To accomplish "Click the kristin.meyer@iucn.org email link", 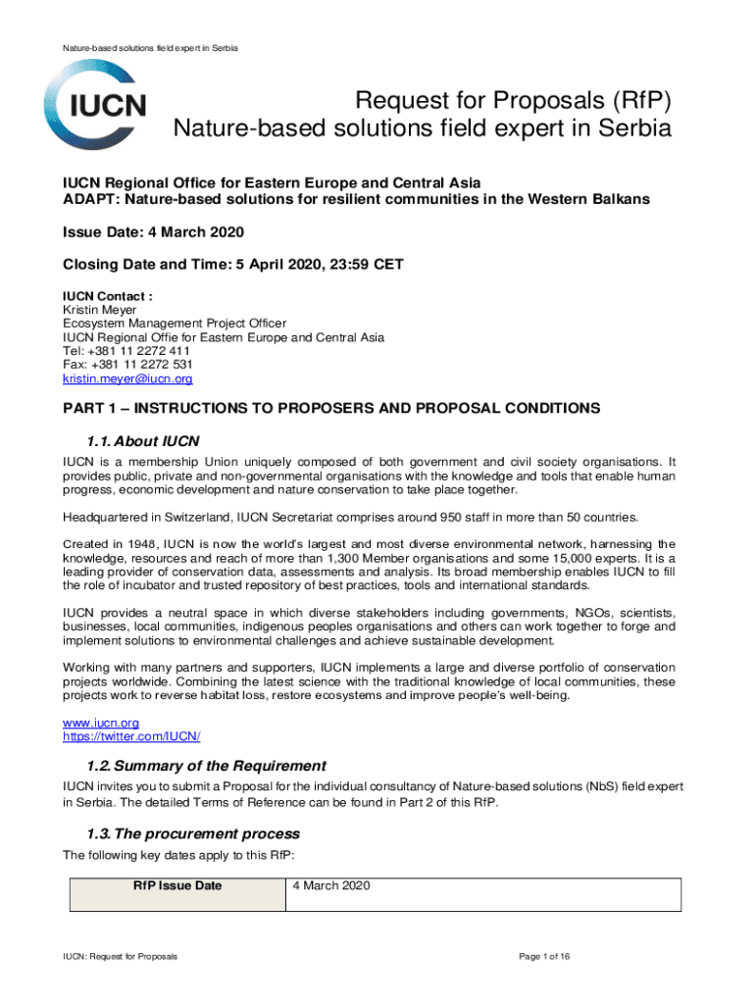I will coord(127,378).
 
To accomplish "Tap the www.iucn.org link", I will coord(95,723).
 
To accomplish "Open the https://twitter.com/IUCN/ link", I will coord(131,736).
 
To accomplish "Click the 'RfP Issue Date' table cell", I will coord(177,886).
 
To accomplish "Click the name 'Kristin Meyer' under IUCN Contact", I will coord(100,310).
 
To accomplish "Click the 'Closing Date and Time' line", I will coord(233,265).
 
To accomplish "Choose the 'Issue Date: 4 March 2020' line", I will coord(153,232).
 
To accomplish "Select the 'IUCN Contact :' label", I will coord(108,296).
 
